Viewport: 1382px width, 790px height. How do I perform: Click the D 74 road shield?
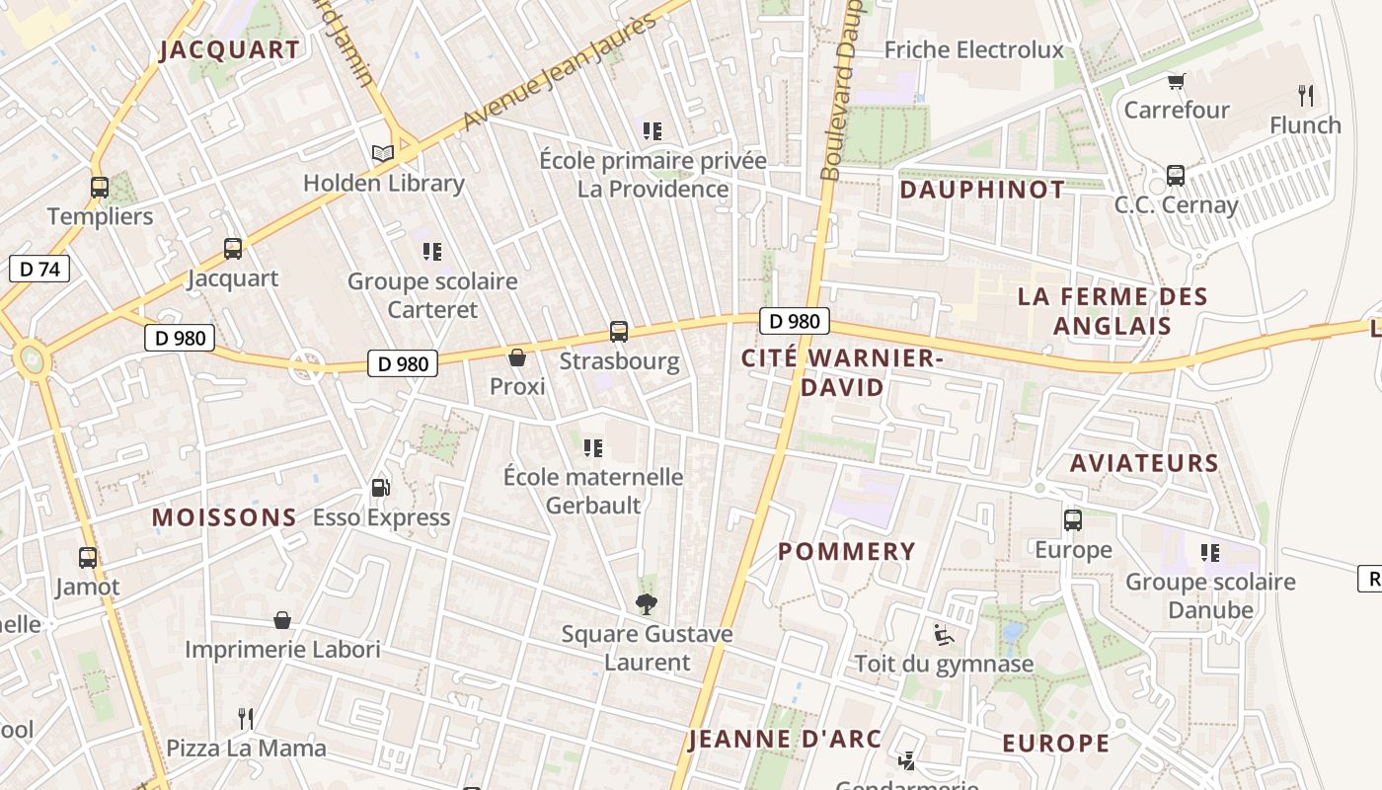click(x=39, y=269)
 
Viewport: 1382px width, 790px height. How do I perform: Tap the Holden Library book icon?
click(x=383, y=153)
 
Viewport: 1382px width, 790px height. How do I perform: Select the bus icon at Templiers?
click(x=100, y=188)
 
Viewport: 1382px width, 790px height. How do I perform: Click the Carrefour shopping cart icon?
click(x=1176, y=81)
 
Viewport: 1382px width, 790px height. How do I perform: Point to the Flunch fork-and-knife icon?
click(x=1306, y=96)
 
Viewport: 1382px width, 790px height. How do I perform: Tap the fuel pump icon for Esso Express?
click(x=380, y=488)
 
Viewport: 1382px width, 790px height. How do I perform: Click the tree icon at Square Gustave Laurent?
click(x=647, y=604)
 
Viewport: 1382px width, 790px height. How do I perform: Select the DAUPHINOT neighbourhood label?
click(x=982, y=190)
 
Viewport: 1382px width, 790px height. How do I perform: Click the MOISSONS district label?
click(x=224, y=517)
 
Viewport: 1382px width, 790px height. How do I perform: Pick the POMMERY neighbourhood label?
click(x=847, y=551)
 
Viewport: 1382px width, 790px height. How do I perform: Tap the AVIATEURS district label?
click(x=1144, y=462)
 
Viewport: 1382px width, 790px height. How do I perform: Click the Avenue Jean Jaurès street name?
click(x=559, y=71)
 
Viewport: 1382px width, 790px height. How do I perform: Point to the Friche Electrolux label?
click(x=973, y=49)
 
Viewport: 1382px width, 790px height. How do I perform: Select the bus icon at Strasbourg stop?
click(x=619, y=332)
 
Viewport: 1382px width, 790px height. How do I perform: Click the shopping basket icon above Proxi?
click(x=517, y=357)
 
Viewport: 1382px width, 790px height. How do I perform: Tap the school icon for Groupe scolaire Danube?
click(x=1209, y=553)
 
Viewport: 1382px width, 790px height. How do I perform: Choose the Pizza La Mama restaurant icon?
click(x=246, y=718)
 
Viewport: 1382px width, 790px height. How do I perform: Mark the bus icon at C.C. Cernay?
click(x=1176, y=176)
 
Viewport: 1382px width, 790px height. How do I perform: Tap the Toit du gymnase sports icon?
click(x=944, y=634)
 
